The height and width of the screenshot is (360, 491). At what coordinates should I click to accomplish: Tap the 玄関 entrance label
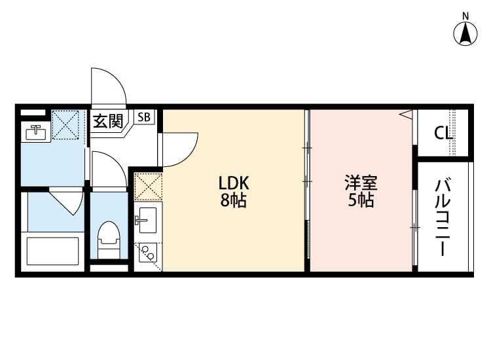pos(107,121)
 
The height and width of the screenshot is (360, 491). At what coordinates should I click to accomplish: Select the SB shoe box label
pos(144,118)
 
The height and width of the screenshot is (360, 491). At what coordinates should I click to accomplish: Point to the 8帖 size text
pos(234,201)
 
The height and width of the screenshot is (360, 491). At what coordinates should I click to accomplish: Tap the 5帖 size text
pos(361,201)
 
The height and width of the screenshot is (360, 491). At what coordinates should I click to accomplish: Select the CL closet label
pos(443,133)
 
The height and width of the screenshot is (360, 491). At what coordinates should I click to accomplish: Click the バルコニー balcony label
pos(443,216)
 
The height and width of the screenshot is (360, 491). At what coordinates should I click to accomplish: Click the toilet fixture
pos(109,238)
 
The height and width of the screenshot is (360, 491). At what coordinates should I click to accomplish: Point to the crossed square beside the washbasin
pos(65,124)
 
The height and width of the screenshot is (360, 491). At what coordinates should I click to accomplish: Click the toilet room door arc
pos(107,170)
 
